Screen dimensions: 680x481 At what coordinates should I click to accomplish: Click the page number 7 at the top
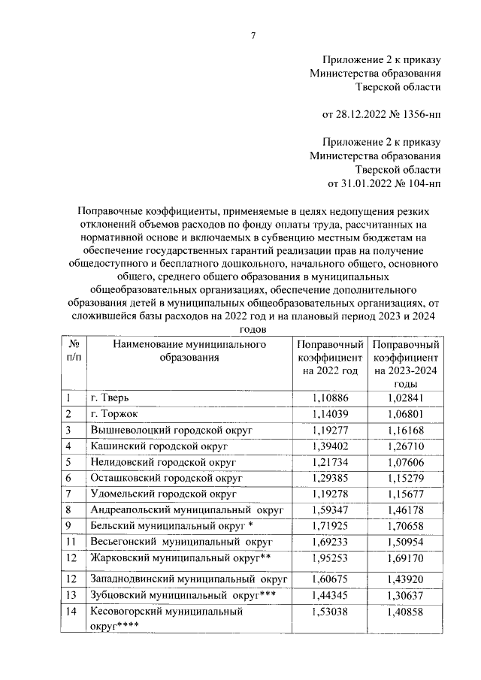[253, 35]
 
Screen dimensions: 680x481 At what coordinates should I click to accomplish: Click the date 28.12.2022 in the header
[358, 114]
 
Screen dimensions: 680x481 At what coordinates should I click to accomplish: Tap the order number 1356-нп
[418, 114]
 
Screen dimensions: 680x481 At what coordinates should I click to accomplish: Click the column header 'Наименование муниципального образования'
[189, 351]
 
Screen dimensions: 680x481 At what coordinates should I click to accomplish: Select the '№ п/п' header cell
[74, 351]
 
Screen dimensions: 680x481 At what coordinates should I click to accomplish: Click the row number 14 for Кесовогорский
[71, 612]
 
